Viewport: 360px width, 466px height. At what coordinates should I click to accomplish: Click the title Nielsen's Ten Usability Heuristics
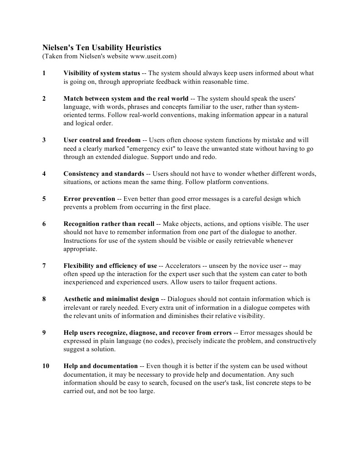click(x=101, y=47)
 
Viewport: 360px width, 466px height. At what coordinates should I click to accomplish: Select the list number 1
click(x=44, y=73)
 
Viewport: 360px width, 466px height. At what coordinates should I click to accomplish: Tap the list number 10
click(x=46, y=366)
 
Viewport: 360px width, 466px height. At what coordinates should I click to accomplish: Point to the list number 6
click(x=44, y=224)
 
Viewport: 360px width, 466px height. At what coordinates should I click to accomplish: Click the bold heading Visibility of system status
click(x=101, y=73)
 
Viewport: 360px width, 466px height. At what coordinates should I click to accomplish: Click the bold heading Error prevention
click(x=89, y=199)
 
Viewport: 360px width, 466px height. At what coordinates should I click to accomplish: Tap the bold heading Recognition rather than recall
click(x=109, y=224)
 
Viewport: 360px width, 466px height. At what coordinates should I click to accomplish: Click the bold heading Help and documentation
click(x=101, y=366)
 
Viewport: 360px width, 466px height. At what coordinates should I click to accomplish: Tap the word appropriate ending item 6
click(x=80, y=249)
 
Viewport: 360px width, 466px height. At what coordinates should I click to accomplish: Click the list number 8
click(x=44, y=299)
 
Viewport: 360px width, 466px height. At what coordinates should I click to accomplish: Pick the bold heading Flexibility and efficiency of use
click(x=110, y=266)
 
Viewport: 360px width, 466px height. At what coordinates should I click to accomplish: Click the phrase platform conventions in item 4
click(x=241, y=182)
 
